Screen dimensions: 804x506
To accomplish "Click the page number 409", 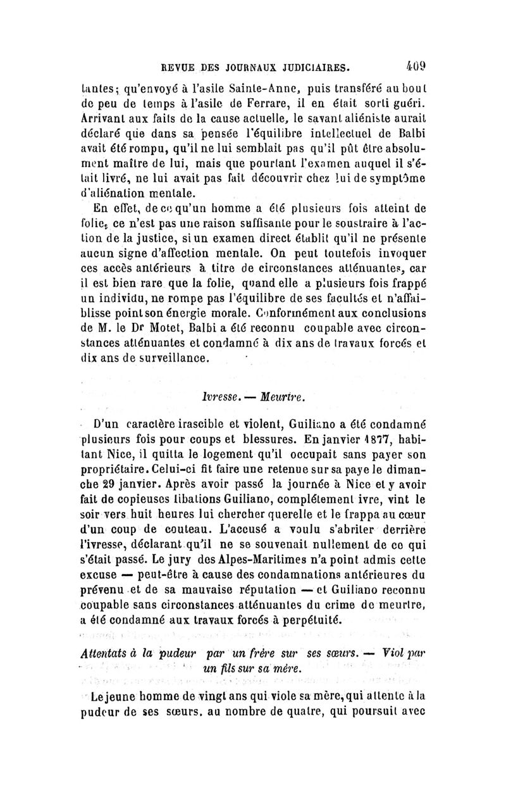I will click(x=418, y=64).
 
